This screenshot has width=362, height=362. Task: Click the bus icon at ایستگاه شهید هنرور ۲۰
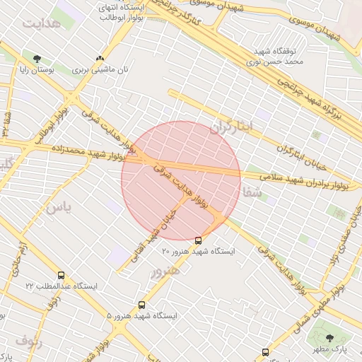[198, 240]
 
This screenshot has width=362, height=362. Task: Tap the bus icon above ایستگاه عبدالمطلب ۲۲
[61, 276]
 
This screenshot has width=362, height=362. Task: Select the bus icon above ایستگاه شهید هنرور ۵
[142, 305]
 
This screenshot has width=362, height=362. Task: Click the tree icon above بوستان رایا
[37, 59]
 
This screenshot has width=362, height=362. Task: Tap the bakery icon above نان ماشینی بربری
[100, 59]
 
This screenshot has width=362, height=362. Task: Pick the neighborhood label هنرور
[165, 269]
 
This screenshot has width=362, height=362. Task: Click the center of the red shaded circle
[181, 180]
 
